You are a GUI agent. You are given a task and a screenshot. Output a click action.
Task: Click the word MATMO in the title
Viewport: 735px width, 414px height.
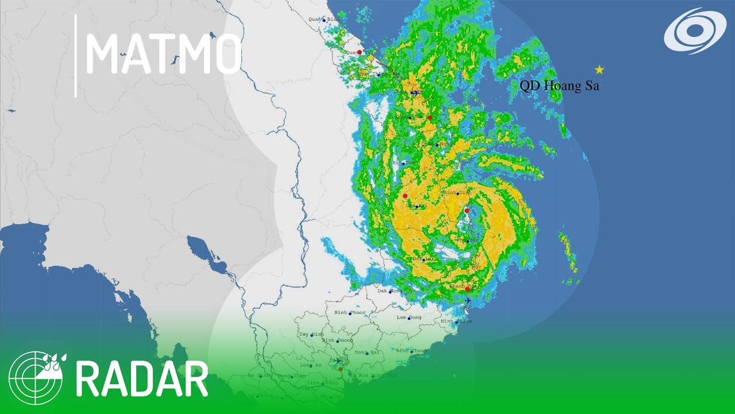(163, 53)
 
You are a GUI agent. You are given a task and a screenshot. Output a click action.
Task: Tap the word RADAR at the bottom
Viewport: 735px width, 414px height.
(142, 379)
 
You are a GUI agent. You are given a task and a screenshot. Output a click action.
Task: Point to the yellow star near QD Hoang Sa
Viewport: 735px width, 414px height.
(599, 70)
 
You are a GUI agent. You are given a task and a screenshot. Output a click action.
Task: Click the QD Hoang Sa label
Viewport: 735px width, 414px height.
(559, 86)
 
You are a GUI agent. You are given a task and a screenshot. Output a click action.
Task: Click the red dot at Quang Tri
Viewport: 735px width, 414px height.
(359, 52)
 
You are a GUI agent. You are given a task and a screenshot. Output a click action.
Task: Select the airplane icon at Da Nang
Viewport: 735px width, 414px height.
(414, 93)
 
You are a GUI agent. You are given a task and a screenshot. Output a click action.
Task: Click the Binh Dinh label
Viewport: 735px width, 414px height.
(458, 192)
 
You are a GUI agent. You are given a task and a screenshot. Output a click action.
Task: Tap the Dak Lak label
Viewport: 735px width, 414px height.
(424, 259)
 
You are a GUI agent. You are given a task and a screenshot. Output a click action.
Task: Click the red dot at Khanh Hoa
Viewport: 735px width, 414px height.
(467, 289)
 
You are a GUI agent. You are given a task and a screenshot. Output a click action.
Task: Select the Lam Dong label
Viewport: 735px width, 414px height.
(408, 317)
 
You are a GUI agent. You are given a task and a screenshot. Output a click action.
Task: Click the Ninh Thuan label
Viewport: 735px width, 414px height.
(455, 321)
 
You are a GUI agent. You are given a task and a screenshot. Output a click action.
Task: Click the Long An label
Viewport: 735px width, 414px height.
(310, 365)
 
